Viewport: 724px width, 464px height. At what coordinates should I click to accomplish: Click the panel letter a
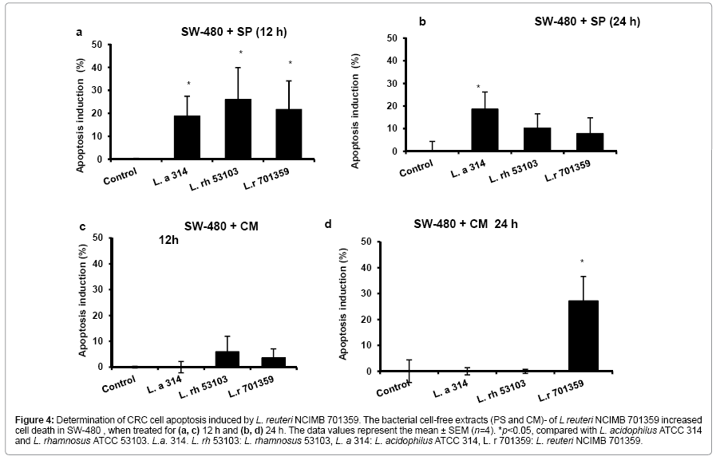click(78, 33)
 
